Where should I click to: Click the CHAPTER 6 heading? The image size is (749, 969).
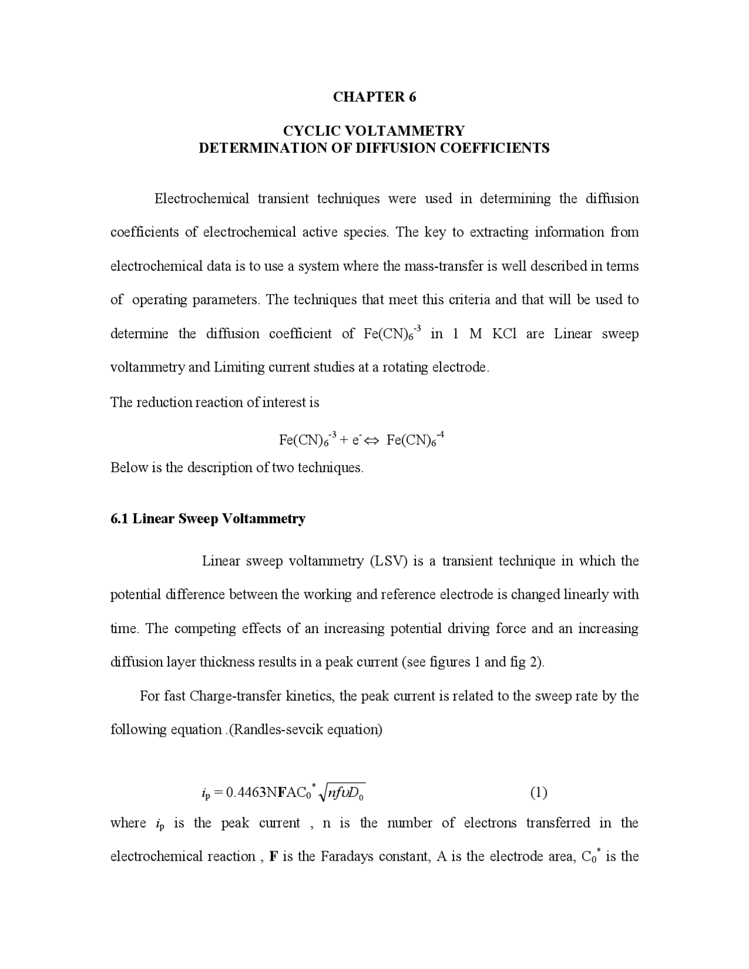374,97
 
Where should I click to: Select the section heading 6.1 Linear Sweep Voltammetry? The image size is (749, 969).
208,519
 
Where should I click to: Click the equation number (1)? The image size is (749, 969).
538,793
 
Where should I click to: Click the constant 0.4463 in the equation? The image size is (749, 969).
246,793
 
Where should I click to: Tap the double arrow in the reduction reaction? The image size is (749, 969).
372,440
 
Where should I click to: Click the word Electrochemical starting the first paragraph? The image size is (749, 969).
201,199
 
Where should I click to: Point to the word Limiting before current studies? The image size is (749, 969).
239,367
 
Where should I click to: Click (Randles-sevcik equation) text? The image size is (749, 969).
304,730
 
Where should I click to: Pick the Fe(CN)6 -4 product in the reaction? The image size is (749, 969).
415,440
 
